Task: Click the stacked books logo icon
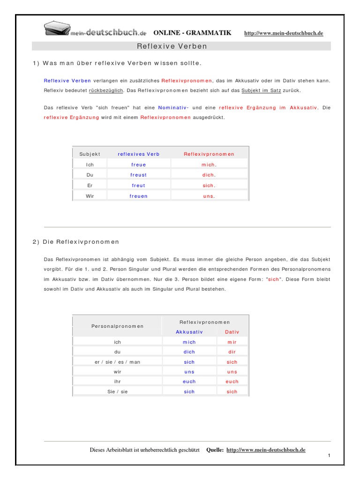click(57, 29)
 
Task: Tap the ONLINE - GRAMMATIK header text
click(192, 33)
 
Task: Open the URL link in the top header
click(284, 33)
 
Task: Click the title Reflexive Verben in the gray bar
click(172, 46)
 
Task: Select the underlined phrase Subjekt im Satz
click(258, 90)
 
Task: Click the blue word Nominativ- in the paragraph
click(173, 108)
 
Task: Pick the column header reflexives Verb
click(138, 154)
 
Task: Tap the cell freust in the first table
click(138, 175)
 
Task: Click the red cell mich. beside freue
click(209, 165)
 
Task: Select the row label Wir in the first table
click(90, 196)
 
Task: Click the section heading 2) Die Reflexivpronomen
click(76, 242)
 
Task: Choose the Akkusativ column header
click(189, 332)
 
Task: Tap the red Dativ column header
click(232, 332)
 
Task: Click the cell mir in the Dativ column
click(232, 342)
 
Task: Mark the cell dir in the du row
click(232, 352)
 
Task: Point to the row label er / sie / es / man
click(117, 362)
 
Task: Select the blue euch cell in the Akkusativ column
click(189, 382)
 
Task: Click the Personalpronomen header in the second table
click(117, 326)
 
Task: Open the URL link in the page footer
click(266, 450)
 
